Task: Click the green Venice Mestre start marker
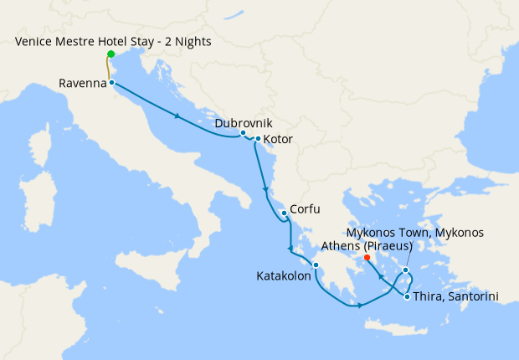[x=110, y=54]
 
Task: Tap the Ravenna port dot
[x=111, y=83]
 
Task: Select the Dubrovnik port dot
[x=243, y=133]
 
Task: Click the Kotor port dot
[x=257, y=139]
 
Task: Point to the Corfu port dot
[x=284, y=213]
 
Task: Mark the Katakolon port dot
[x=316, y=267]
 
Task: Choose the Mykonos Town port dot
[x=405, y=270]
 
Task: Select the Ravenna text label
[x=82, y=83]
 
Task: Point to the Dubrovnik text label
[x=243, y=122]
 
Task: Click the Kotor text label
[x=279, y=139]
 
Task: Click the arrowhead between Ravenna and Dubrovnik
[x=178, y=115]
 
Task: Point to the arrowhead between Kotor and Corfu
[x=267, y=186]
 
